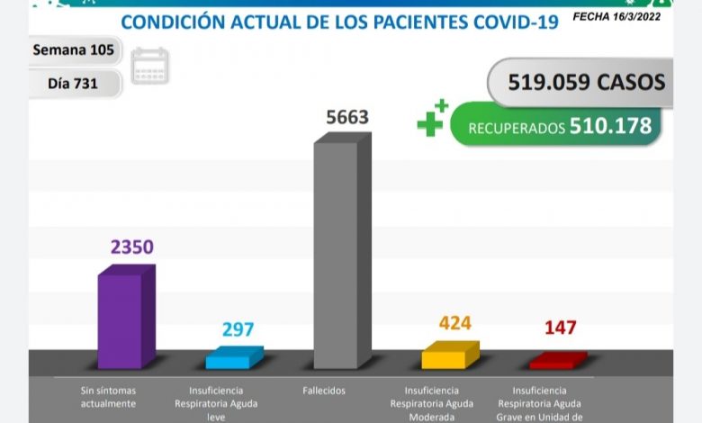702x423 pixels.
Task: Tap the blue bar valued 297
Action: point(233,358)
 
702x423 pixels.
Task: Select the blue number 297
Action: point(239,329)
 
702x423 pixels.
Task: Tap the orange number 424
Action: point(455,322)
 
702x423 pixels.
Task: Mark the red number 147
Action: point(559,328)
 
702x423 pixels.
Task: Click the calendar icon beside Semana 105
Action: point(149,67)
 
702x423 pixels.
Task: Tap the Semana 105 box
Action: point(74,50)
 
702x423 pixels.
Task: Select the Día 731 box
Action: point(74,84)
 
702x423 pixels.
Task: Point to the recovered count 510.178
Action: point(610,126)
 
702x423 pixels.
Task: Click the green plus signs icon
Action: point(431,119)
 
